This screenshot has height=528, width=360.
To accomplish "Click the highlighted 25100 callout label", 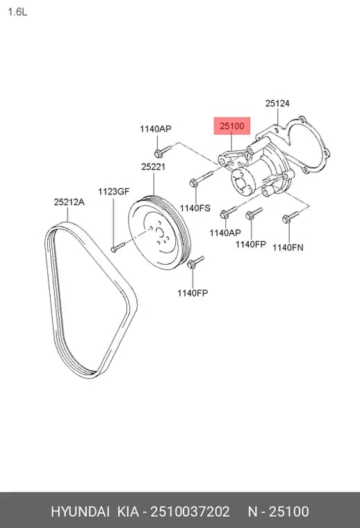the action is (x=232, y=126).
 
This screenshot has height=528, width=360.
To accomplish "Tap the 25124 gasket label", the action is (x=277, y=104).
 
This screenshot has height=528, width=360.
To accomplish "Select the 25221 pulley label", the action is (x=153, y=167).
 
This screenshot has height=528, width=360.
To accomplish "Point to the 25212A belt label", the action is (x=69, y=202).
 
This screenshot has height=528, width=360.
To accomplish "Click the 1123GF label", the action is (x=113, y=192).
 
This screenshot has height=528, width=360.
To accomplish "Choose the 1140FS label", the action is (x=195, y=208).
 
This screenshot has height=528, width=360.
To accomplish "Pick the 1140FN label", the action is (x=288, y=247).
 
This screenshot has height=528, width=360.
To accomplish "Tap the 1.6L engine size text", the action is (x=17, y=13).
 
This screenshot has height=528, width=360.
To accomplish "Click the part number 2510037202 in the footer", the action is (x=190, y=511).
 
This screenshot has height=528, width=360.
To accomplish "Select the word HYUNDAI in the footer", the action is (x=80, y=511).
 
